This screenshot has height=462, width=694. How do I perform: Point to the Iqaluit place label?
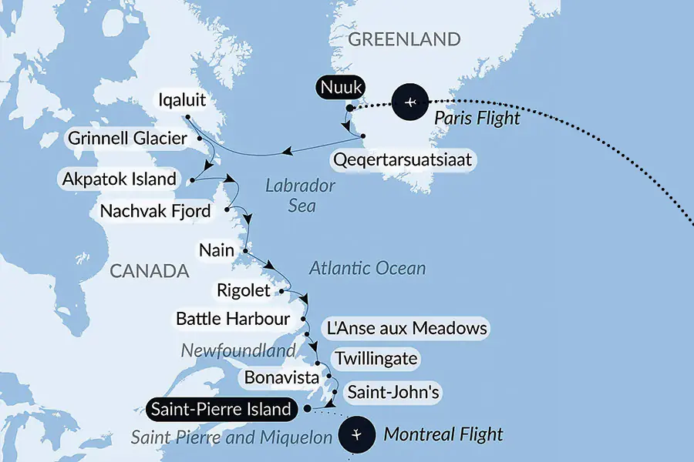point(182,100)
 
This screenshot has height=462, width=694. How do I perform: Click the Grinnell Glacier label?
point(127,139)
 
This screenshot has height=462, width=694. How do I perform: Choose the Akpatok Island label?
point(120,180)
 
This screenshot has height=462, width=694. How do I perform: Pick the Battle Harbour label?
point(232,318)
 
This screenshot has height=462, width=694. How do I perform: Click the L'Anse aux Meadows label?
point(406,329)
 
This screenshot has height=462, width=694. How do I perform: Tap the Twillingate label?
point(376,359)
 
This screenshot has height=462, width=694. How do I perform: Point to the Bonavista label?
point(279,377)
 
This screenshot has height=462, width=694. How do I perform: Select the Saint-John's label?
point(393,393)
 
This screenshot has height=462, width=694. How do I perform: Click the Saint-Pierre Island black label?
point(221,409)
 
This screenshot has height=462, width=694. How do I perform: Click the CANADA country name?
point(150,271)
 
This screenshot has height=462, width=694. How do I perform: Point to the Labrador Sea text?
point(300,196)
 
